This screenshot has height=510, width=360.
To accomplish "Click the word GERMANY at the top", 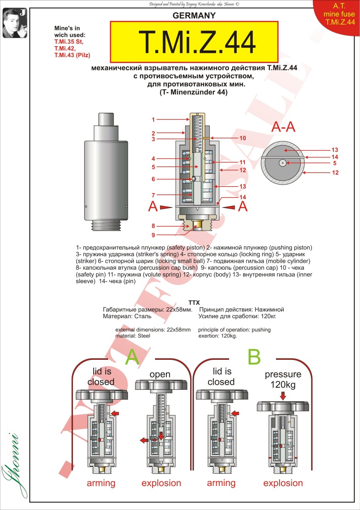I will point(194,16).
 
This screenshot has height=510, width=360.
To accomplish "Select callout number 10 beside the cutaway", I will point(243,138).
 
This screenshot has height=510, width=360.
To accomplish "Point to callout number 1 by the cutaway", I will point(154,119).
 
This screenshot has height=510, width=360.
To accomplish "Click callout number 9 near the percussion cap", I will point(154,235).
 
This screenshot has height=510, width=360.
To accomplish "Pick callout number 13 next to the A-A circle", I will point(335,150).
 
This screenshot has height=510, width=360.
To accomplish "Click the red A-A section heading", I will point(283,127).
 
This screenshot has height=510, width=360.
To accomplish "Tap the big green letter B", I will point(254,357).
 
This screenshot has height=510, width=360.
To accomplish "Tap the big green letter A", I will point(133,357).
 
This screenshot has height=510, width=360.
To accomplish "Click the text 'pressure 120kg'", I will point(282,379).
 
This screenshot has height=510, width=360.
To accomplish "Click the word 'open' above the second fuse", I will point(160,374).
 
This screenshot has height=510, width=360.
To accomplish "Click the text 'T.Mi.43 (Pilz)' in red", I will point(72,55).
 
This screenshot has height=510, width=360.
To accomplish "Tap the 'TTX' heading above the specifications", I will point(194,303).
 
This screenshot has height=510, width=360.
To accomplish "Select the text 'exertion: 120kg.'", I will point(217,336).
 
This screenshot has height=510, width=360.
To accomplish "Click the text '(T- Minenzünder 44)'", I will point(194,92).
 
